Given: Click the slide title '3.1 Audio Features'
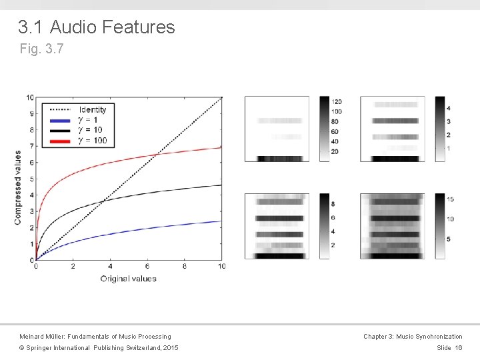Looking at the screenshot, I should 96,27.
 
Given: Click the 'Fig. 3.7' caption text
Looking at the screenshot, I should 41,49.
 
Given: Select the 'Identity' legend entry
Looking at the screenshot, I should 92,109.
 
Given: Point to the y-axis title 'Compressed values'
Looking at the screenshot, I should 18,187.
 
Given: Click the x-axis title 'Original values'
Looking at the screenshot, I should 129,278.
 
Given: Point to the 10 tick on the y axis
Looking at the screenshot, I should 29,97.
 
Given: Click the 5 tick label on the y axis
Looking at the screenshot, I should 31,179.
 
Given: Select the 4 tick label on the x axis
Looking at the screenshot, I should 110,266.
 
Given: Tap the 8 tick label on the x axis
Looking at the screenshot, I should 185,266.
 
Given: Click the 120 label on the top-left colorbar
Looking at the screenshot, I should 337,101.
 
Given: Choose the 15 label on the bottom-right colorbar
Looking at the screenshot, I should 449,199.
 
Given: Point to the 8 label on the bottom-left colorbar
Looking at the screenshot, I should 333,203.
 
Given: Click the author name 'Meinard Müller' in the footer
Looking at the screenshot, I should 47,337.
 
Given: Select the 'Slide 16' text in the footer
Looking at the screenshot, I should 449,348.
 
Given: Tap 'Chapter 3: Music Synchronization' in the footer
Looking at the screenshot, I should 412,337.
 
